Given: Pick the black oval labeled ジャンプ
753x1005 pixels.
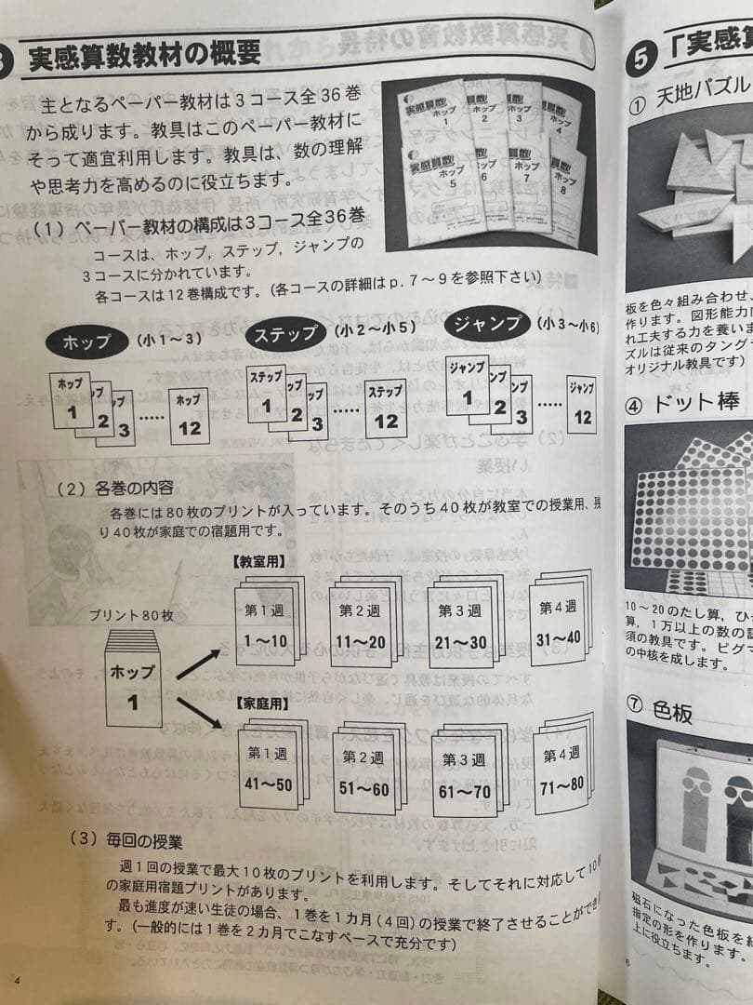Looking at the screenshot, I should [x=487, y=325].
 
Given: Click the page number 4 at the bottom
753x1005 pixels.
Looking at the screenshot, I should [x=17, y=980].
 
